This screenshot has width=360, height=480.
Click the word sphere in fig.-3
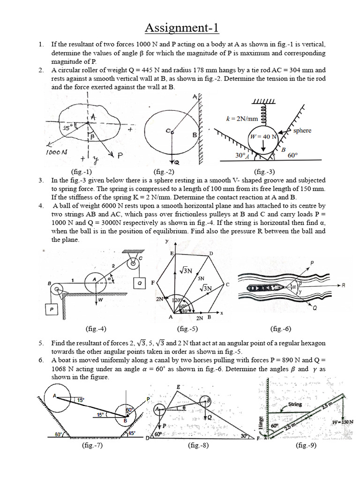[x=302, y=130]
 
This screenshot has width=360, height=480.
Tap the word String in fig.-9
[x=295, y=404]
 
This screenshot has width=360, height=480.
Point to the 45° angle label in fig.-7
[x=132, y=434]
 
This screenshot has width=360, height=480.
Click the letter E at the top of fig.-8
[x=178, y=387]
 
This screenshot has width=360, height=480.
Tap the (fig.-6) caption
[x=281, y=329]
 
